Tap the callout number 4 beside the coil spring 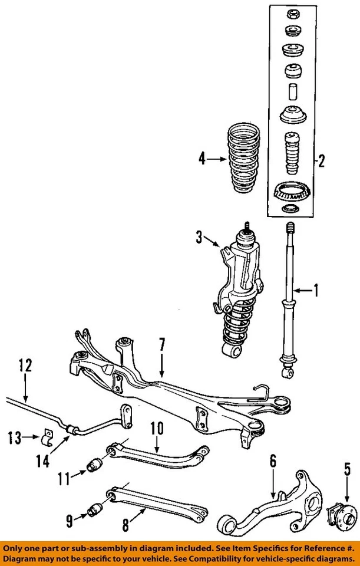click(202, 159)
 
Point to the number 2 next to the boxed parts click(322, 160)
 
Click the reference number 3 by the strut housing click(199, 238)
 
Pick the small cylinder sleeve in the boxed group click(290, 93)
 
